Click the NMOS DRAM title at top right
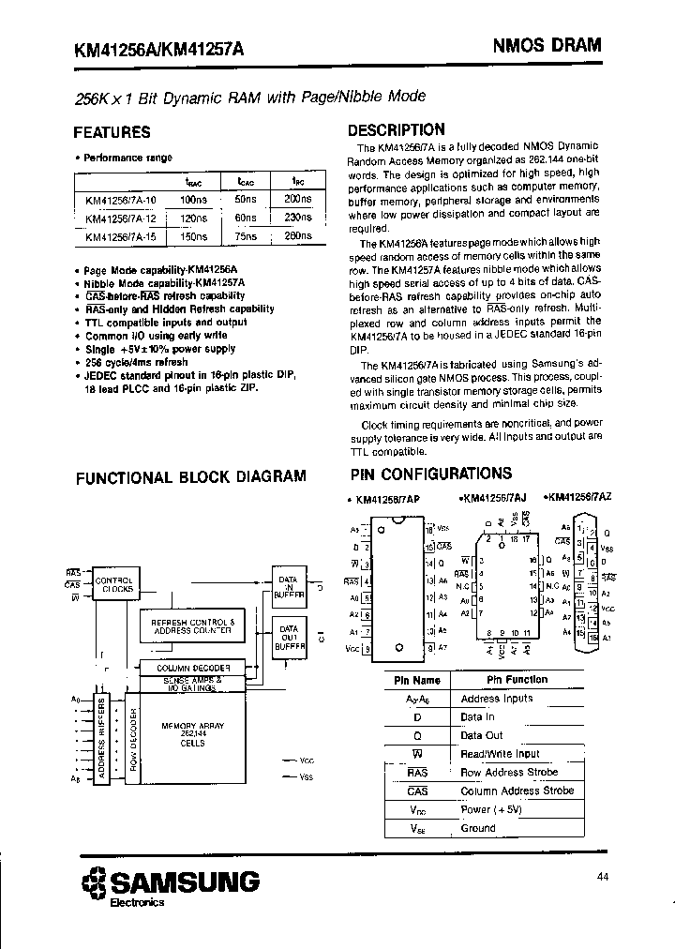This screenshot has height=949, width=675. point(547,45)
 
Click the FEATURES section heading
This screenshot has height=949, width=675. point(112,132)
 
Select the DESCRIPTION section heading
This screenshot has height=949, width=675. point(396,130)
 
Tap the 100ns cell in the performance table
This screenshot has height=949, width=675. point(192,200)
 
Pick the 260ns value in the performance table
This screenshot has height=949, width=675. point(296,236)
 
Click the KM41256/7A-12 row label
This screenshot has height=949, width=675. point(121,218)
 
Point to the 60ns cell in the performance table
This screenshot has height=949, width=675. point(246,218)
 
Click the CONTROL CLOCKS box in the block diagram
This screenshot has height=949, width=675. point(116,586)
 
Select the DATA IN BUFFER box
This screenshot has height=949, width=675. point(287,585)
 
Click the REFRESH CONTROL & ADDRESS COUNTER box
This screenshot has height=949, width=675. point(192,625)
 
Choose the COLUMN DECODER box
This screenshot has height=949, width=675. point(193,667)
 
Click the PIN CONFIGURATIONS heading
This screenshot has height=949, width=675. point(430,474)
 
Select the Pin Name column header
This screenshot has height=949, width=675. point(417,680)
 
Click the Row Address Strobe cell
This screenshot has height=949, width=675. point(509,773)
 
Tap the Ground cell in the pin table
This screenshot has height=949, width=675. point(478,829)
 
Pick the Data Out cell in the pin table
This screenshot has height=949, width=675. point(482,735)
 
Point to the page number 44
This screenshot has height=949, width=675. point(602,878)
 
